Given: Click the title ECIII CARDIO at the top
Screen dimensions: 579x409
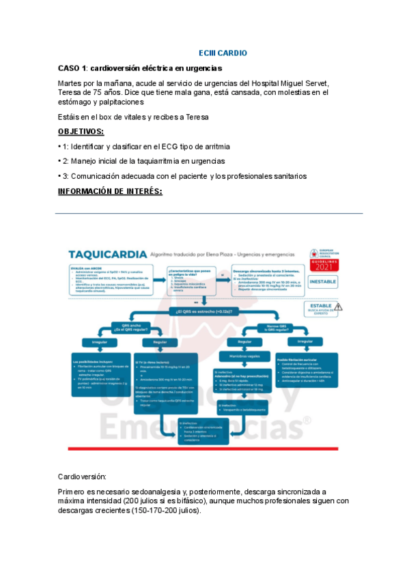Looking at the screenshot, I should coord(223,53).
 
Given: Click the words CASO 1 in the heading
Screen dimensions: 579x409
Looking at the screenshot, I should coord(72,69).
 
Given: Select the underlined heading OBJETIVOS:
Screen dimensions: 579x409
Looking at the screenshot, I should coord(81,131).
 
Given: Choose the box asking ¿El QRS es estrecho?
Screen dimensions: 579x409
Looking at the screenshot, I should coord(205,312).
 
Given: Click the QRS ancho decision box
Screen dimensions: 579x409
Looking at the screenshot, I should coord(132,327).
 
